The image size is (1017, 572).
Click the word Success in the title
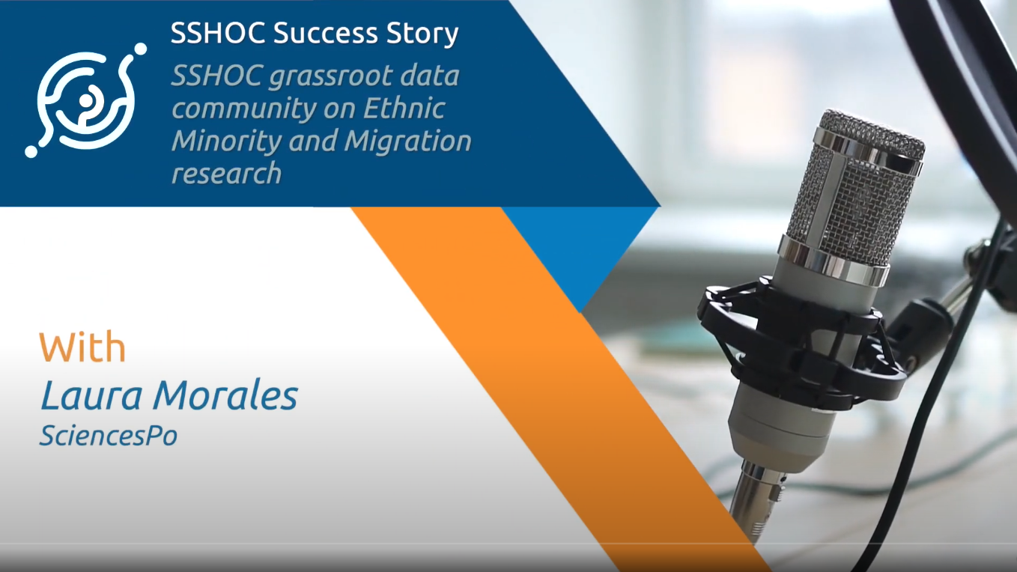pyautogui.click(x=325, y=33)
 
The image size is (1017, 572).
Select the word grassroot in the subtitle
pyautogui.click(x=330, y=76)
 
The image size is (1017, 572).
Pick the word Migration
pyautogui.click(x=407, y=142)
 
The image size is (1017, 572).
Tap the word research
pyautogui.click(x=227, y=174)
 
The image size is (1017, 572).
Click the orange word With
pyautogui.click(x=82, y=347)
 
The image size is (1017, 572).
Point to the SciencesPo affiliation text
pyautogui.click(x=108, y=435)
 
